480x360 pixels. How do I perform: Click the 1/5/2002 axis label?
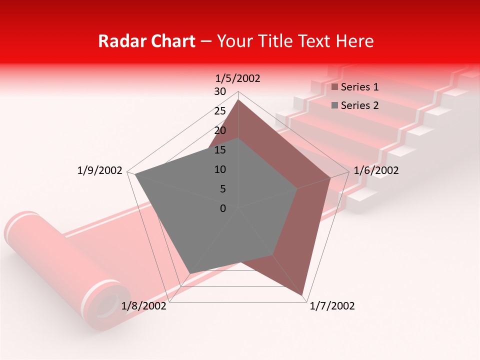coord(238,78)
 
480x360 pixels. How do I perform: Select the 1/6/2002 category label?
coord(376,170)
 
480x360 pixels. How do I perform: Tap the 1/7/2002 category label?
coord(332,306)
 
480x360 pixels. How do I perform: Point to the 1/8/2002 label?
coord(144,306)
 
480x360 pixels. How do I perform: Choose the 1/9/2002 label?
coord(100,170)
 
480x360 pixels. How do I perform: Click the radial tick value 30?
coord(219,91)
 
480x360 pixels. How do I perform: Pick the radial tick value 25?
coord(219,111)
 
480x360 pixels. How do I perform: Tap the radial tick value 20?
coord(219,130)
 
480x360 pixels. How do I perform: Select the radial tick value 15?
coord(219,150)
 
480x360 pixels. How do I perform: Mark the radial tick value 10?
coord(219,169)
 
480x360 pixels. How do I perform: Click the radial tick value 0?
coord(223,208)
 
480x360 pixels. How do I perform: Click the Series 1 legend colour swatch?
coord(335,87)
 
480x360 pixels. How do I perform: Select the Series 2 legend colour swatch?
coord(335,105)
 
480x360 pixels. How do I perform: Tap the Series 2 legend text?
coord(359,105)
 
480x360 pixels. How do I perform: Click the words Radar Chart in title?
coord(146,41)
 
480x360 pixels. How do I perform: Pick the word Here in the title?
coord(354,41)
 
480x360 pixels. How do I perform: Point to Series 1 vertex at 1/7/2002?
coord(303,294)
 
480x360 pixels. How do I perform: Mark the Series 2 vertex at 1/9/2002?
coord(135,174)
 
